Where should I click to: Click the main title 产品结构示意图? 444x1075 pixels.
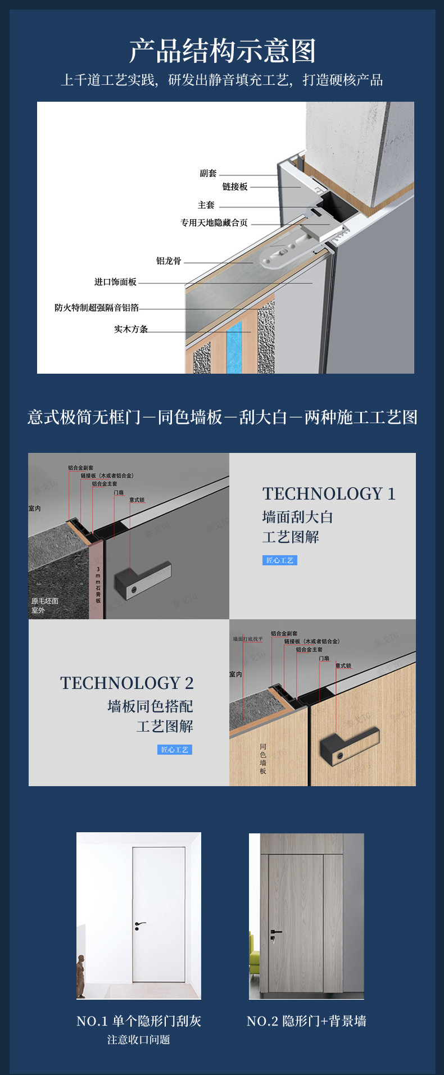(x=222, y=51)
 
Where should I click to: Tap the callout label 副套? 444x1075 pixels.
(x=208, y=173)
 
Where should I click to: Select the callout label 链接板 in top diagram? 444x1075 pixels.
(x=234, y=187)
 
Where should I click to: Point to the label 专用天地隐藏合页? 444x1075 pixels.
(x=214, y=223)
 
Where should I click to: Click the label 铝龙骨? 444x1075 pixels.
(x=169, y=261)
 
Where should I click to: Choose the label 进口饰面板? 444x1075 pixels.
(x=115, y=282)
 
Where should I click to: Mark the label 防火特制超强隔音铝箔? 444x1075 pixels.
(x=97, y=307)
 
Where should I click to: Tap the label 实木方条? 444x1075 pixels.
(x=131, y=329)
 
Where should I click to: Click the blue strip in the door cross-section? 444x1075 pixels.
(x=234, y=346)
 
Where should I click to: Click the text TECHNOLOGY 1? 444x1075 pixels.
(x=329, y=494)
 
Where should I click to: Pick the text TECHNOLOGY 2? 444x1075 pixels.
(x=127, y=683)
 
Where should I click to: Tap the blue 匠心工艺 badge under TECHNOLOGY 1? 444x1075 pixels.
(x=279, y=560)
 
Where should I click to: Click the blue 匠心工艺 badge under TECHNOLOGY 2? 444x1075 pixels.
(x=175, y=750)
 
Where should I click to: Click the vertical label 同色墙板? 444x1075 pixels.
(x=263, y=759)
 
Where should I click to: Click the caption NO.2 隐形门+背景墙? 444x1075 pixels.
(x=306, y=1021)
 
